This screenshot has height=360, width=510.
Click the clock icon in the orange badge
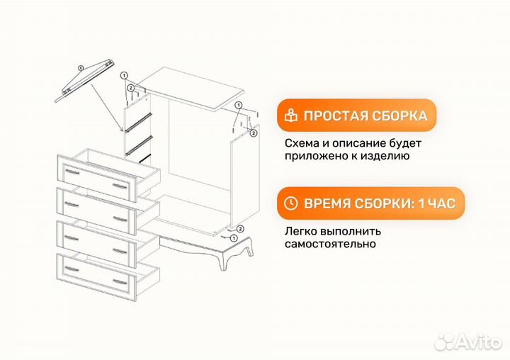(290, 203)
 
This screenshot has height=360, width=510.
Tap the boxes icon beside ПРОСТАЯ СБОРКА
(290, 116)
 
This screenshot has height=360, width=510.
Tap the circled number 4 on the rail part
(80, 68)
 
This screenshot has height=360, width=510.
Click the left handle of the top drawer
(72, 171)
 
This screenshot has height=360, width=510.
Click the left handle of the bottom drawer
(72, 269)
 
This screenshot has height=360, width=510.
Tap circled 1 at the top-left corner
(124, 75)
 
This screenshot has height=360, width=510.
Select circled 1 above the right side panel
(238, 104)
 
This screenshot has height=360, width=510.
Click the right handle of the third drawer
(121, 250)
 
